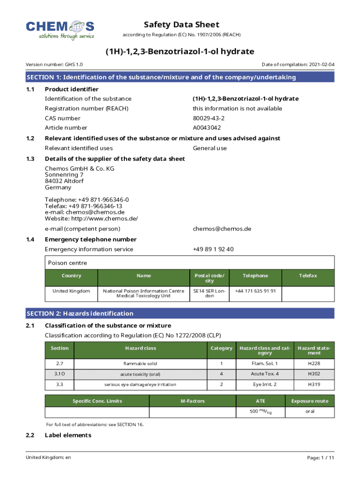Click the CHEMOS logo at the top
click(x=60, y=29)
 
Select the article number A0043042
click(x=207, y=128)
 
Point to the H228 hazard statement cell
click(x=314, y=363)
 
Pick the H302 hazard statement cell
click(x=314, y=374)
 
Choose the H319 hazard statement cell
click(x=314, y=385)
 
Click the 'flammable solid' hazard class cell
click(x=140, y=363)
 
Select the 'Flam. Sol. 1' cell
click(x=264, y=363)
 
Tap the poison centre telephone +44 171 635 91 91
click(x=255, y=291)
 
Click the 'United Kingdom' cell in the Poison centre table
click(x=71, y=291)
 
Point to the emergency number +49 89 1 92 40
click(x=213, y=249)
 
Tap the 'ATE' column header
click(x=260, y=401)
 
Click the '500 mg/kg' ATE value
click(x=260, y=412)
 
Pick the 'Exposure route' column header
click(x=310, y=401)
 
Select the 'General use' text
click(x=210, y=148)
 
